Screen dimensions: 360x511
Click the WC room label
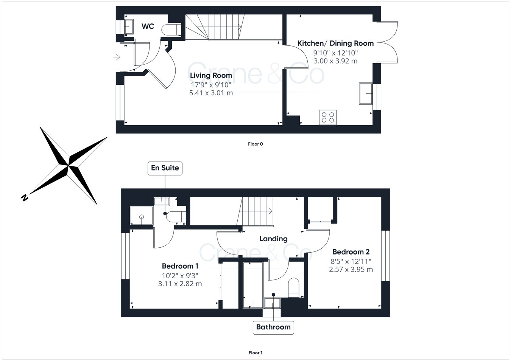(x=148, y=26)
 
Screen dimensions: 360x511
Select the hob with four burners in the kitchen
(x=328, y=117)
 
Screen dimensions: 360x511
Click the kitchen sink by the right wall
(x=366, y=93)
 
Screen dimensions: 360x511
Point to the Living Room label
(x=211, y=75)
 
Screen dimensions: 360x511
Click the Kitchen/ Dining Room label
(x=335, y=43)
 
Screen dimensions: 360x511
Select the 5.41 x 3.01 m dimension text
(x=211, y=93)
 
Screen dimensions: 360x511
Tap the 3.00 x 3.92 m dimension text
(x=335, y=61)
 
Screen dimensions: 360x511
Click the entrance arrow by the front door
(x=117, y=57)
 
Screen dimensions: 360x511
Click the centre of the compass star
(x=69, y=165)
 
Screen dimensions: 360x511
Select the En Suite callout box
(x=165, y=168)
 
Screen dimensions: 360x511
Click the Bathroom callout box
(x=273, y=327)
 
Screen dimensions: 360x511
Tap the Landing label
(x=273, y=239)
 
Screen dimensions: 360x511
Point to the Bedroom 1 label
(x=180, y=266)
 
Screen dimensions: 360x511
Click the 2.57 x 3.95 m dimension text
(x=351, y=270)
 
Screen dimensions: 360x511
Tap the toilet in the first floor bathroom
(x=294, y=287)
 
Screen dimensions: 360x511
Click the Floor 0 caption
(x=255, y=144)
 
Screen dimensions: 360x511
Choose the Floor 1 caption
(x=255, y=353)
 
